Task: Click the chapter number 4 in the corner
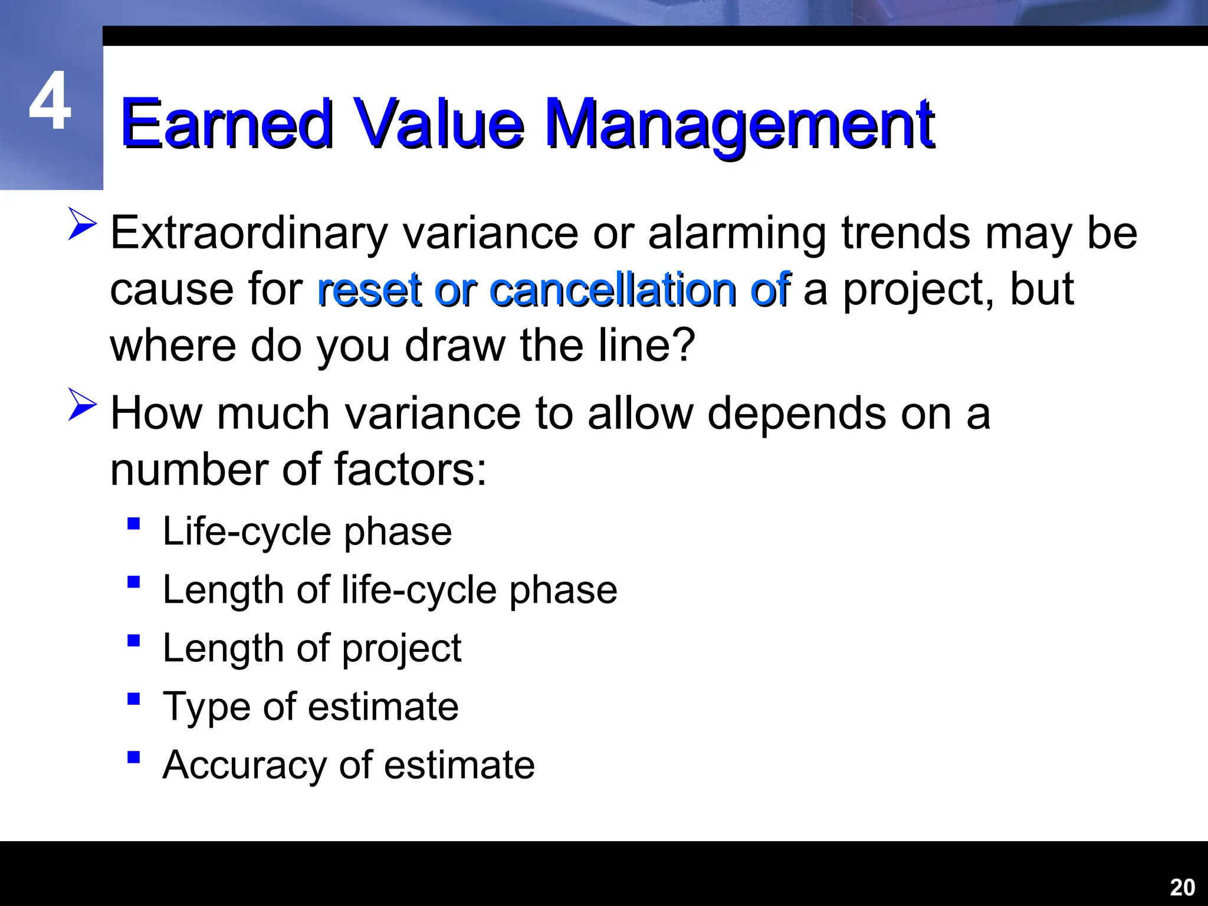click(50, 101)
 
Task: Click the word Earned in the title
click(227, 124)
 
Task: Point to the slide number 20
click(1182, 887)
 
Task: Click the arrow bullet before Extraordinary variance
click(82, 224)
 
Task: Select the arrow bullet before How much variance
click(82, 404)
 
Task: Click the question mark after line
click(684, 345)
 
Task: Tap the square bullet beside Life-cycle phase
click(134, 524)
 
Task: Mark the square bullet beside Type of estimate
click(134, 699)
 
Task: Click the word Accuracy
click(244, 766)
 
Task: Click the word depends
click(796, 415)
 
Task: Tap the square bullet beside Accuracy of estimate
click(134, 757)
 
